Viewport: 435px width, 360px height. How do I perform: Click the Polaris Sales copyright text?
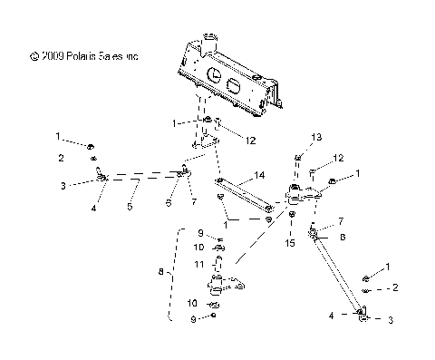(85, 55)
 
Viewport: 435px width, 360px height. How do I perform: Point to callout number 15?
(290, 242)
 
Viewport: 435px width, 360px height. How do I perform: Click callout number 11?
(198, 264)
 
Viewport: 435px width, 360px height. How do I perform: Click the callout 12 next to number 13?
(338, 159)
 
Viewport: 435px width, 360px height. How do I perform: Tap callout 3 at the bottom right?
(391, 319)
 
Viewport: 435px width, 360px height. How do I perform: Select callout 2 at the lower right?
(395, 287)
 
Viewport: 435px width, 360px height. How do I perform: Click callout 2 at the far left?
(60, 157)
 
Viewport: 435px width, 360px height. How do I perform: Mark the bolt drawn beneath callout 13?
(297, 162)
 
